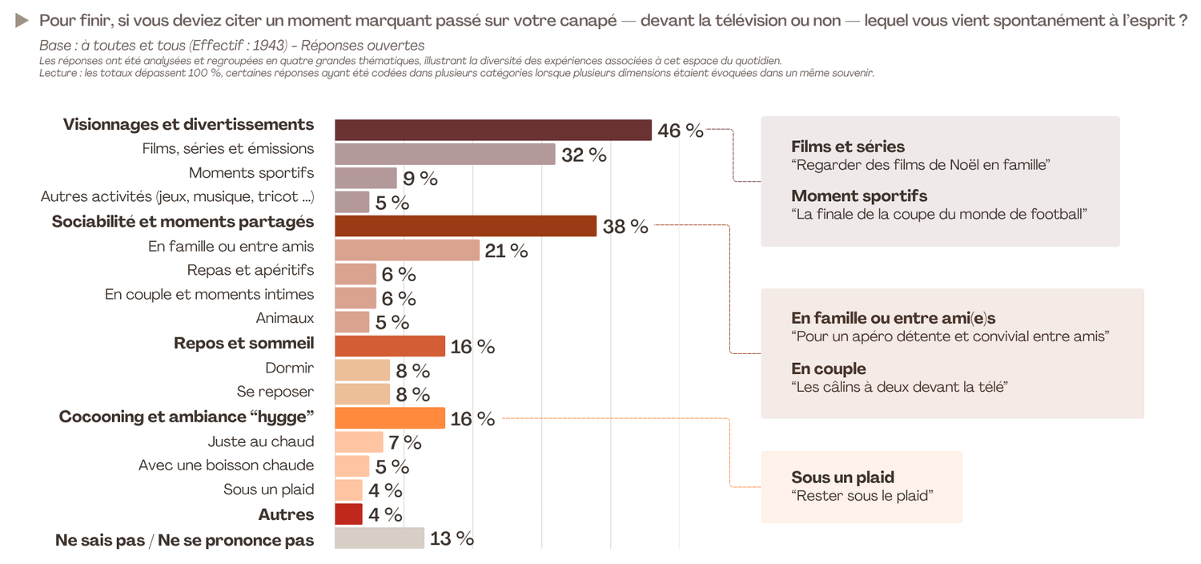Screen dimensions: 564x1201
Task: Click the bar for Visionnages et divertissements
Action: click(492, 130)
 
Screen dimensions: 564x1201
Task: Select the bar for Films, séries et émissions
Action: click(444, 154)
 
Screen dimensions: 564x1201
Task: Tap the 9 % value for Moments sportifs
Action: click(420, 179)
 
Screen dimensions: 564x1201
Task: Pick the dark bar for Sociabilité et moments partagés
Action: click(465, 226)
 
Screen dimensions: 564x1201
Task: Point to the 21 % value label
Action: click(507, 251)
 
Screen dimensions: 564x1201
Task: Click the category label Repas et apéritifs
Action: click(251, 270)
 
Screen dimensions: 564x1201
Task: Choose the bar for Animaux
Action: click(351, 321)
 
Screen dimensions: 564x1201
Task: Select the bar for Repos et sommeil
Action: click(389, 346)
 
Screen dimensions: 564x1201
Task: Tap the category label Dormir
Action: click(289, 368)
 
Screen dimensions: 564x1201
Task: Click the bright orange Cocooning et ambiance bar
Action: click(389, 418)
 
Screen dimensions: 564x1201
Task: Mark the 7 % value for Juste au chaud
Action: click(405, 441)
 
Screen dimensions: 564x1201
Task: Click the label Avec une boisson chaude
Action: click(226, 465)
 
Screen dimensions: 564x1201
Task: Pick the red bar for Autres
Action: click(348, 514)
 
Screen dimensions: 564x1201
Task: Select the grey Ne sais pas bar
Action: click(379, 538)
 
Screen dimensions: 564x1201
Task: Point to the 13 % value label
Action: click(452, 538)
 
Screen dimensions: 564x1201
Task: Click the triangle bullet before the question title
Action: click(22, 20)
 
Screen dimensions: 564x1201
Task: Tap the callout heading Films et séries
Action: click(848, 147)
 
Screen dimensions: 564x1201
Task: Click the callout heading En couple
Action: click(829, 369)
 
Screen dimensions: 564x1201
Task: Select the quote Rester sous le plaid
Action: click(862, 495)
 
